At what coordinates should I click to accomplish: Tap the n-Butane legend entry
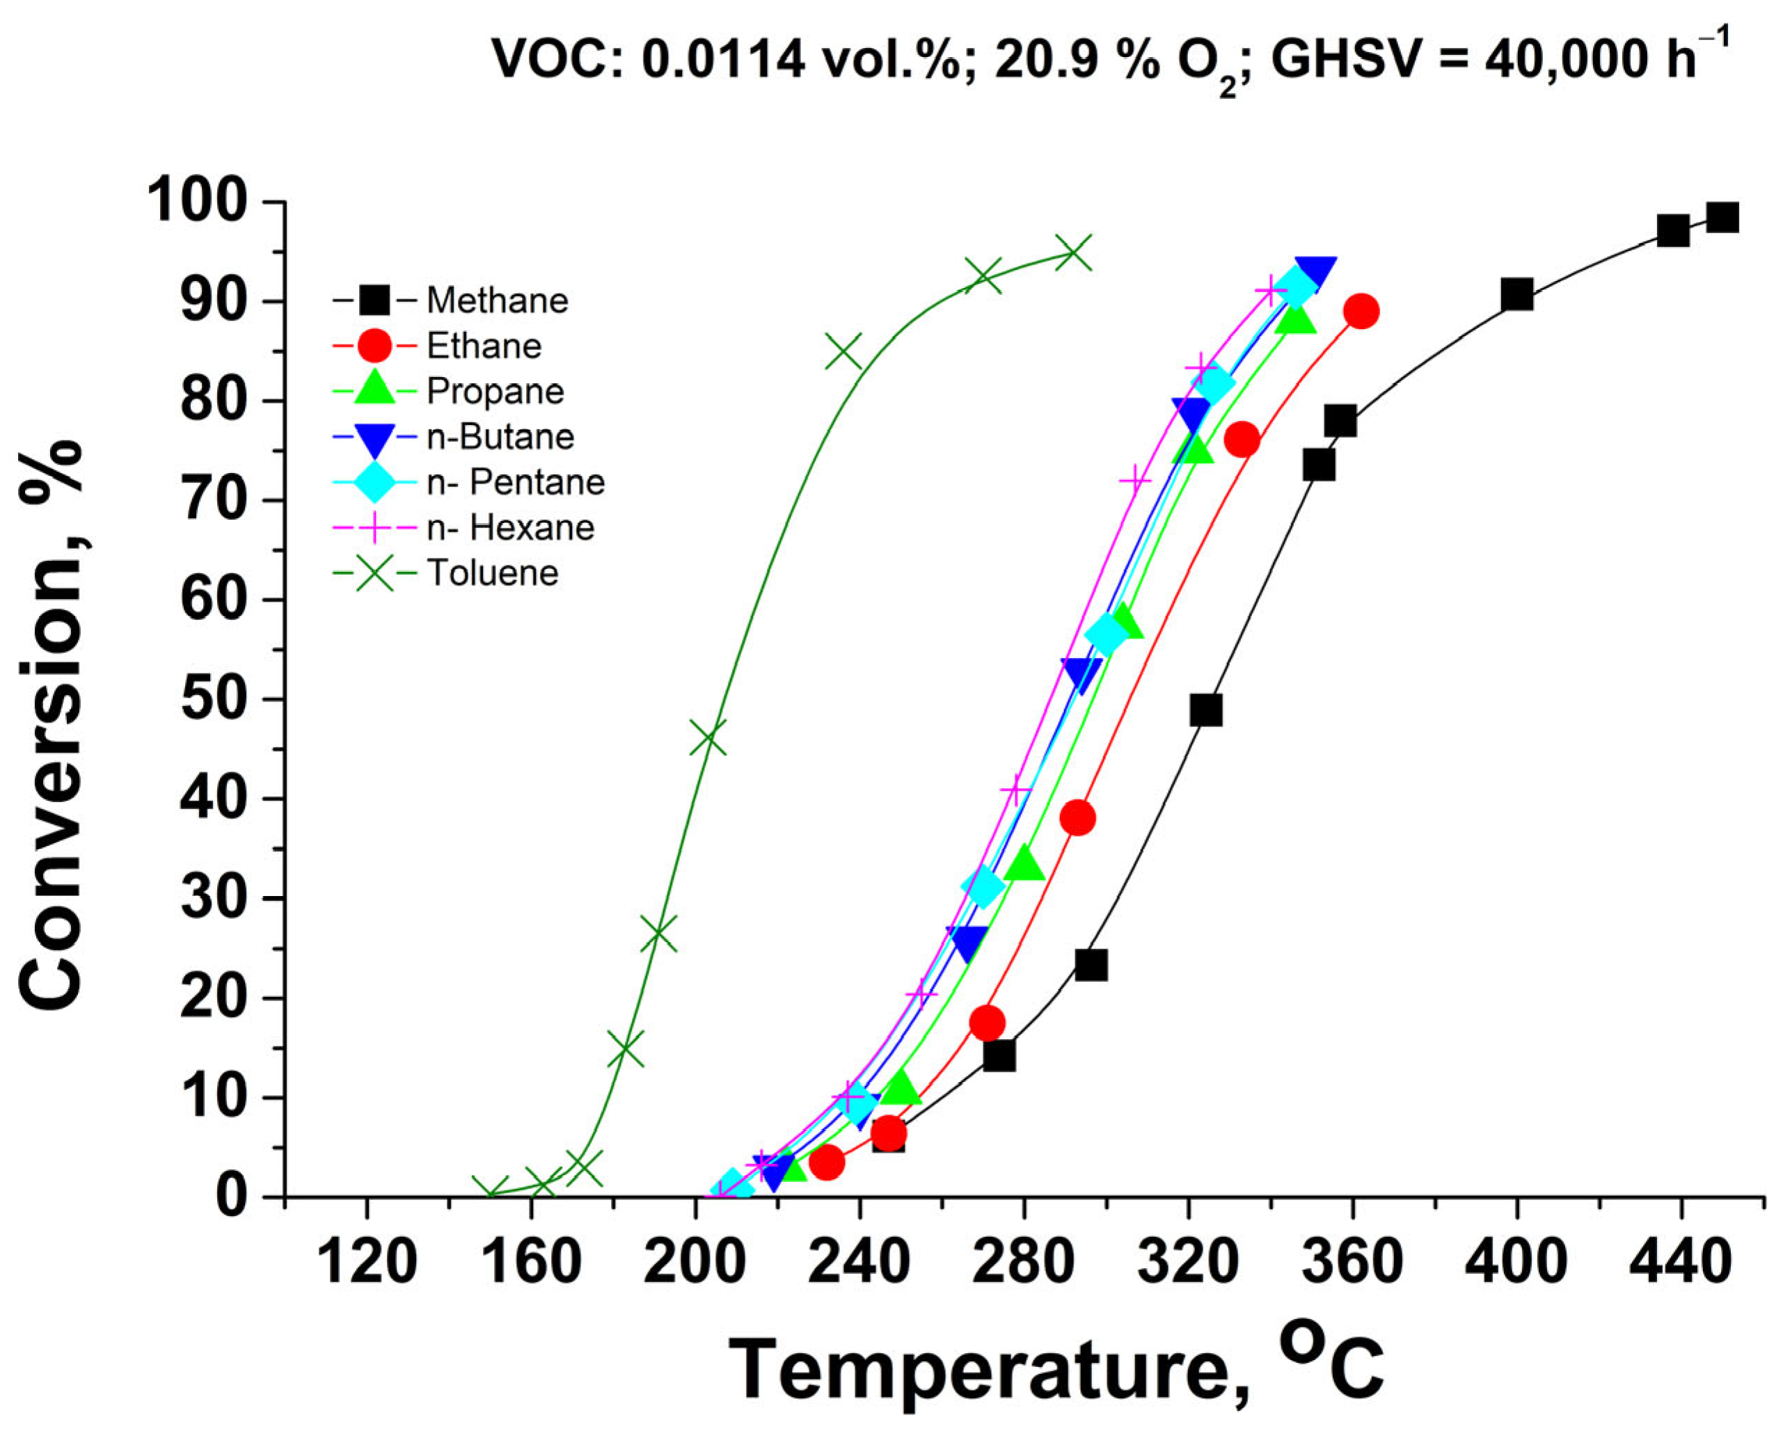point(500,436)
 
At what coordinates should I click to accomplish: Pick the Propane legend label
point(496,391)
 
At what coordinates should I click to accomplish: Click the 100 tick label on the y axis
point(203,202)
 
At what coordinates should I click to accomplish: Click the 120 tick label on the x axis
point(366,1264)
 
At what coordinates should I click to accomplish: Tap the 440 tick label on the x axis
point(1681,1264)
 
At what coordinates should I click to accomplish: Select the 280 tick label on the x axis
point(1024,1264)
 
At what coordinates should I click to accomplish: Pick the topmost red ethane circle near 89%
point(1361,312)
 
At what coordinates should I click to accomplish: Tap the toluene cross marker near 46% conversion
point(707,738)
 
